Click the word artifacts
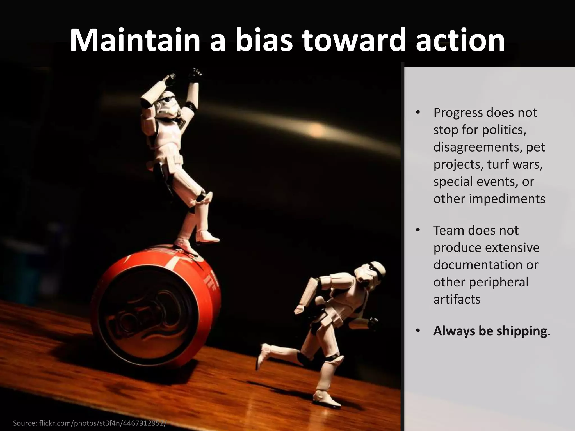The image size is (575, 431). [x=457, y=299]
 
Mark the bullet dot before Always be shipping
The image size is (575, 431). [x=418, y=331]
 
